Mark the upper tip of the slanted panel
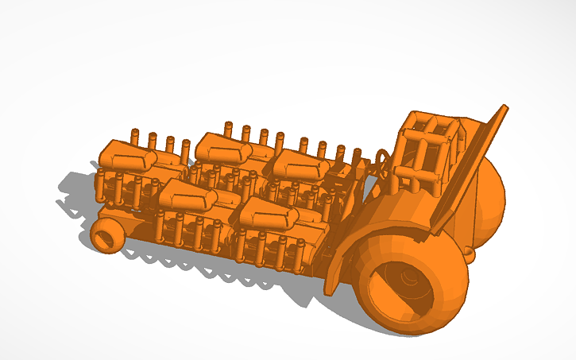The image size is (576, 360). tap(503, 107)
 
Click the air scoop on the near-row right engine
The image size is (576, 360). tap(266, 210)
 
